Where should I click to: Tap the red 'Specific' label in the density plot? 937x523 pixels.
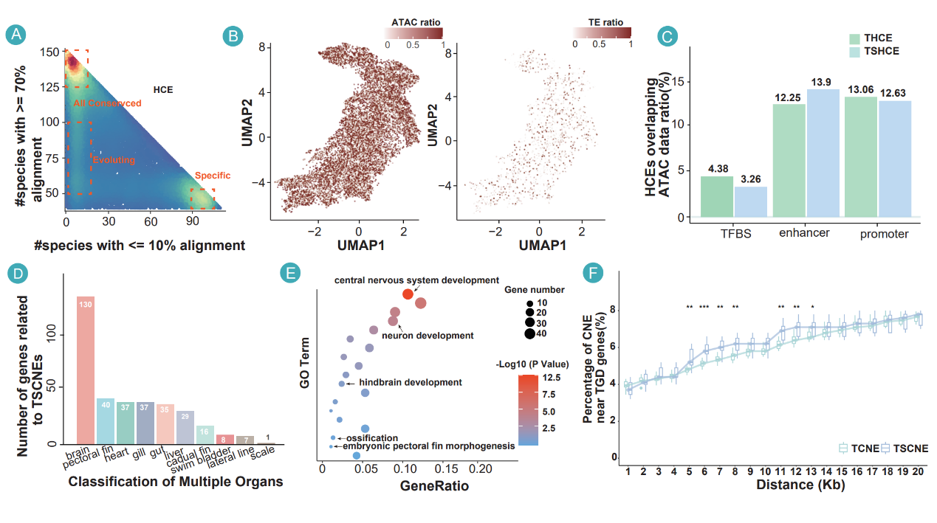click(213, 176)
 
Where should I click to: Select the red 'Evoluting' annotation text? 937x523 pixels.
click(113, 159)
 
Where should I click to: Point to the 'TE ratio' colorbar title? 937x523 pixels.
click(602, 22)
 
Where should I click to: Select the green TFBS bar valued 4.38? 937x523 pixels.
click(716, 196)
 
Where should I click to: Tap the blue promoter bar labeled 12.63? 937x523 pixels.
click(894, 159)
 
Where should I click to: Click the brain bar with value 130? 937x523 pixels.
click(86, 370)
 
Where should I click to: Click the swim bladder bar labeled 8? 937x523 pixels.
click(224, 439)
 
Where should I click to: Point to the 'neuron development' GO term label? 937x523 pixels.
click(428, 336)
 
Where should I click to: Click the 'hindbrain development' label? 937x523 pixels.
click(411, 382)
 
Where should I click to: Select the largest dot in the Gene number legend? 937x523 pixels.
click(529, 333)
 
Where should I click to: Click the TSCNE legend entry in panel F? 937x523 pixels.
click(904, 448)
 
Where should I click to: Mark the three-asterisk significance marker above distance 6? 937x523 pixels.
click(704, 307)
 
